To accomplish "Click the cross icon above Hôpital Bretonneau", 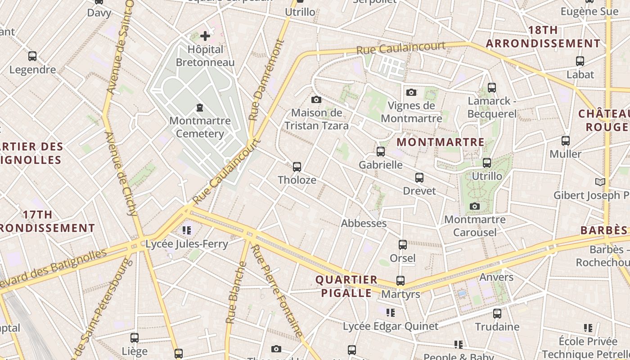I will (x=205, y=36).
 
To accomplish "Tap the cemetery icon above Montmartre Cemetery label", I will (x=200, y=108).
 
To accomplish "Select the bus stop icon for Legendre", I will (x=32, y=56).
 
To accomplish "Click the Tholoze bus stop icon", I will (x=297, y=167).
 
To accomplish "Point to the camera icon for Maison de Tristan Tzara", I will (x=316, y=99).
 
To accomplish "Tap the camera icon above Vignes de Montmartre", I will (x=411, y=92).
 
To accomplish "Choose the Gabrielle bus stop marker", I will (x=381, y=152).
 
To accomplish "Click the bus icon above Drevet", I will (x=419, y=178).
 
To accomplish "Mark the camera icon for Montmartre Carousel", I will (x=475, y=207).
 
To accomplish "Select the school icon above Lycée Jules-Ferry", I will (x=187, y=231).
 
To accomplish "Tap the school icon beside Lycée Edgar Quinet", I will (x=391, y=312).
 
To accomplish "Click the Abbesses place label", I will (x=364, y=223).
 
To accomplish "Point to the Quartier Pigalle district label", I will (x=346, y=286).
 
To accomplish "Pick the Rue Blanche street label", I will (x=236, y=292).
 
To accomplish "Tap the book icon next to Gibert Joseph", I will (x=600, y=182).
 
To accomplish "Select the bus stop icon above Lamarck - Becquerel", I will (x=492, y=88).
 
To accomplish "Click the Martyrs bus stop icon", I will (x=400, y=281).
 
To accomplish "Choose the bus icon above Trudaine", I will (x=497, y=313).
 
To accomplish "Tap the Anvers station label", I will (x=496, y=277).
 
